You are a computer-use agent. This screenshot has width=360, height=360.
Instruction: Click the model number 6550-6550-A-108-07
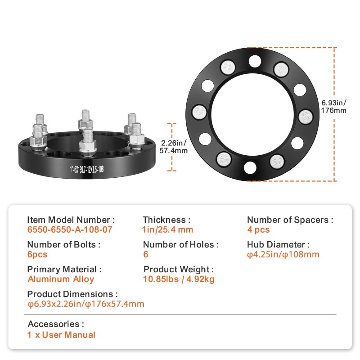point(69,230)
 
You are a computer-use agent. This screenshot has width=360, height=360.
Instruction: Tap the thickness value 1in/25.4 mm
point(168,230)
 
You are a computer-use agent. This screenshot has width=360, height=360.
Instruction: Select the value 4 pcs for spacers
point(258,230)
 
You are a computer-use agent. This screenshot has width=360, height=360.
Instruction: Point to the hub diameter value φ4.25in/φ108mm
point(283,255)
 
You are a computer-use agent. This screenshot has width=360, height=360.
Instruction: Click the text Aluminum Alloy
point(61,279)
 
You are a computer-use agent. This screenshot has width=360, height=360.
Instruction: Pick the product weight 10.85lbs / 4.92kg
point(179,279)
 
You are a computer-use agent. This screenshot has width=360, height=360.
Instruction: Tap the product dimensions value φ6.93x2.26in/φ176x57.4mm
point(86,304)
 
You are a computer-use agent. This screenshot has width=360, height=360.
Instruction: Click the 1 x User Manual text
point(62,335)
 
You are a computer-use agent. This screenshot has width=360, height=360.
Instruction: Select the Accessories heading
point(56,324)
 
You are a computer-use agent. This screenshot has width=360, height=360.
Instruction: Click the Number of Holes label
point(181,245)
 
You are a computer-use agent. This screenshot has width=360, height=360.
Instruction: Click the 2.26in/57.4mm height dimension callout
point(174,147)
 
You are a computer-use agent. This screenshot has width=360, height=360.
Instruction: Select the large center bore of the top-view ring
point(252,114)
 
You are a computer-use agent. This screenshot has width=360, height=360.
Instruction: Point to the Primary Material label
point(64,270)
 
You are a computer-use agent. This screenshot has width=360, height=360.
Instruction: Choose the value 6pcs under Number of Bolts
point(37,255)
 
